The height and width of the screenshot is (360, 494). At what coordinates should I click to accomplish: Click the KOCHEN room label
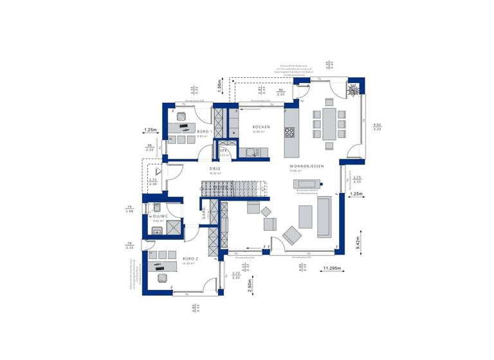tap(261, 127)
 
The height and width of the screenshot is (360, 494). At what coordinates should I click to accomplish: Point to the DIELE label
tap(215, 168)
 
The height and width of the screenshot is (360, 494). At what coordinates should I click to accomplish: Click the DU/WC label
tap(160, 216)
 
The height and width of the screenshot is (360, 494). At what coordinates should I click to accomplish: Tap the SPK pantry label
tap(224, 150)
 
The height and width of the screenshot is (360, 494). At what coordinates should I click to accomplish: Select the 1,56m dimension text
tap(219, 84)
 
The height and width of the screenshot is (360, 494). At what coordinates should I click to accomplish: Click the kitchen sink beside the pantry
tap(251, 152)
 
